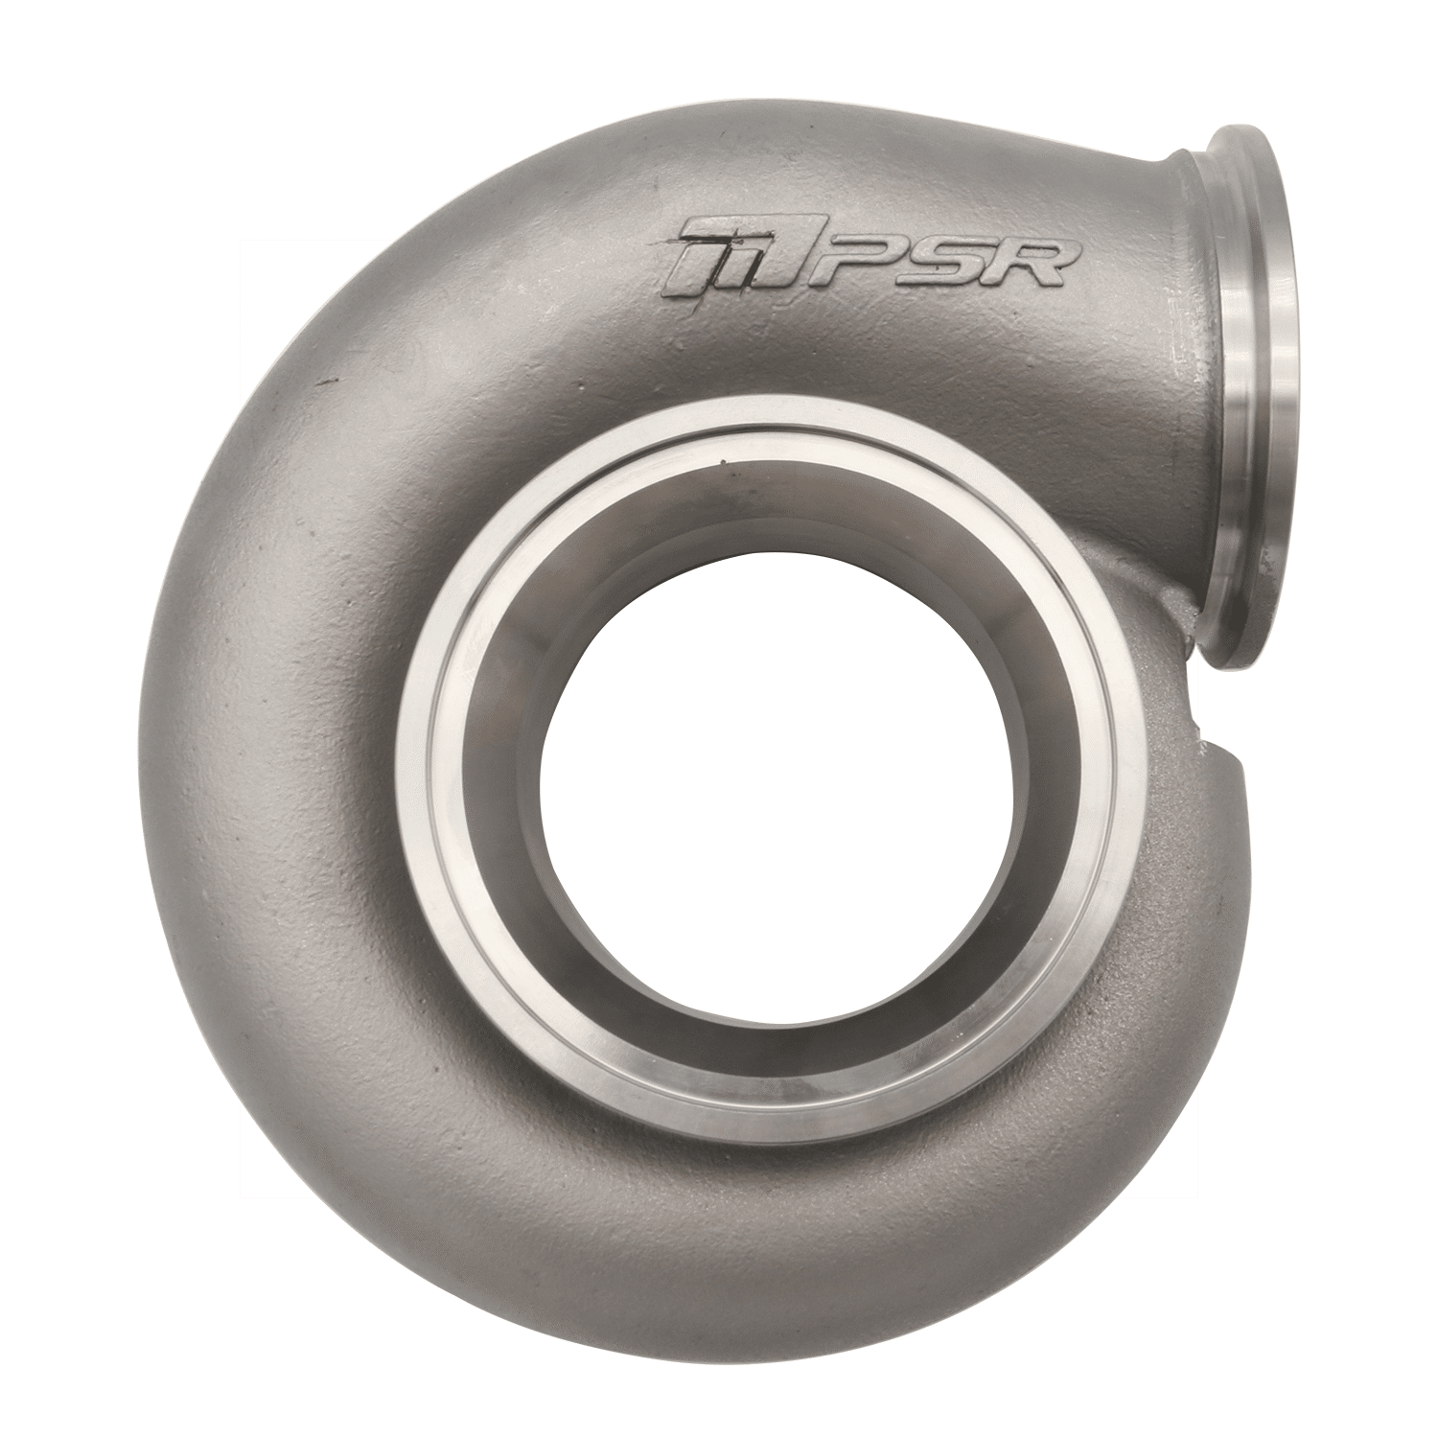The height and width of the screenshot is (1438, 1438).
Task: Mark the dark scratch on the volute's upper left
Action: (x=331, y=383)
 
